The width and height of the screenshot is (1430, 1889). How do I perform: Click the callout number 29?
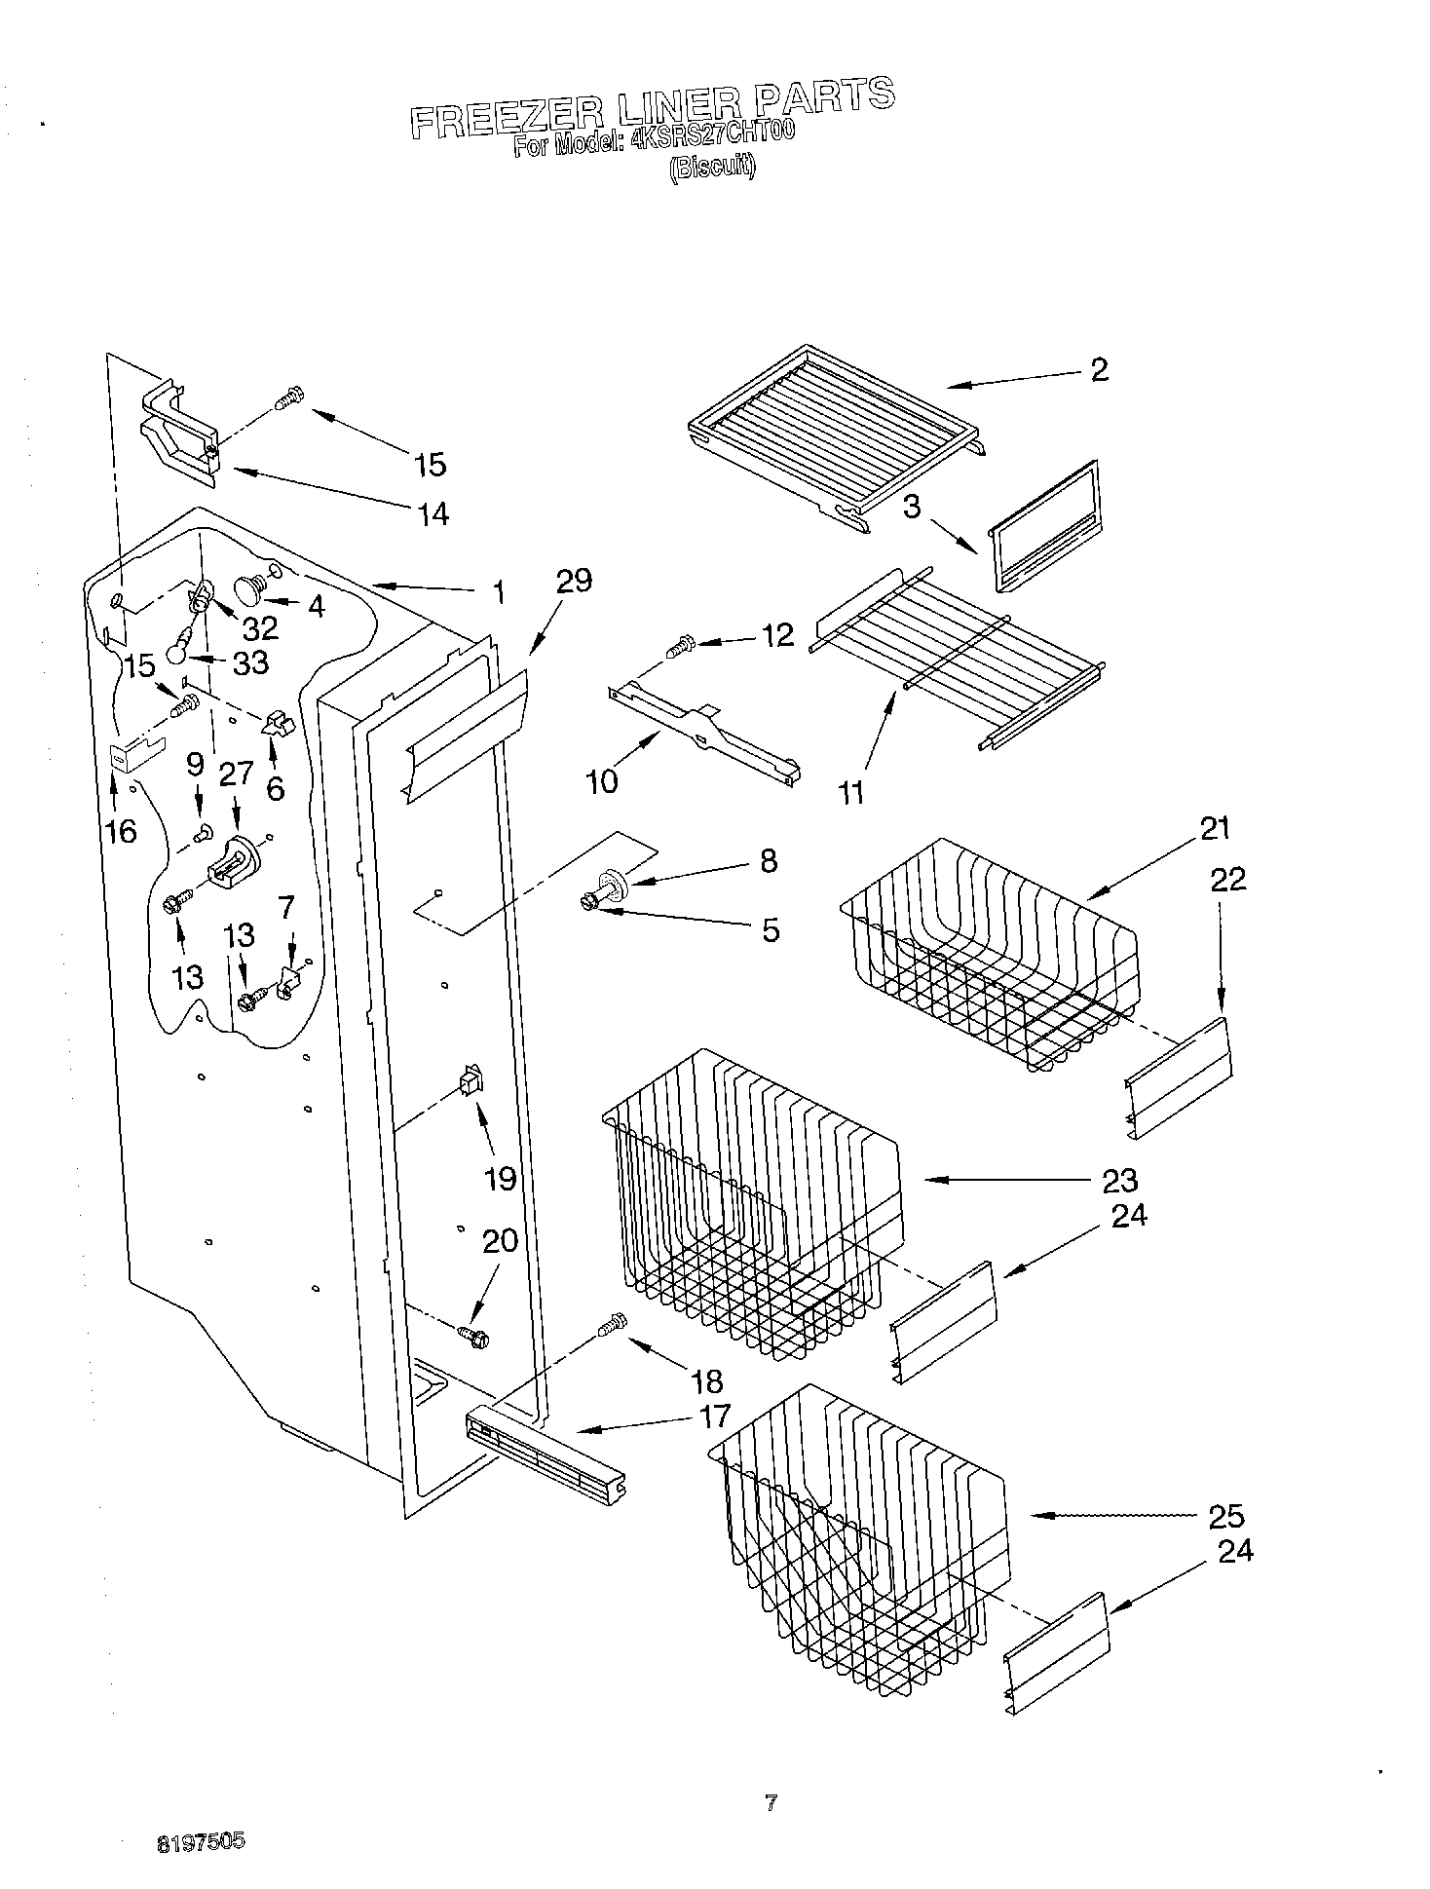click(573, 582)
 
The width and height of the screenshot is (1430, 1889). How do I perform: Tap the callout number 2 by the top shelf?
click(1099, 370)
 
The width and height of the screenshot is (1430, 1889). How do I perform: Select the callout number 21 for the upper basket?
click(1215, 829)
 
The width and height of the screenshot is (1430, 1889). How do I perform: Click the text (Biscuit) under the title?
click(711, 168)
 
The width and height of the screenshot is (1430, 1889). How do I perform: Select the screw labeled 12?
click(680, 645)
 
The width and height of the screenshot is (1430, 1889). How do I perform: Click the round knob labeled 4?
click(252, 589)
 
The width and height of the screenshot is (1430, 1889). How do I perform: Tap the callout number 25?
click(1225, 1516)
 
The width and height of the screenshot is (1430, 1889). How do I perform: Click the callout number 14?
click(433, 513)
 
